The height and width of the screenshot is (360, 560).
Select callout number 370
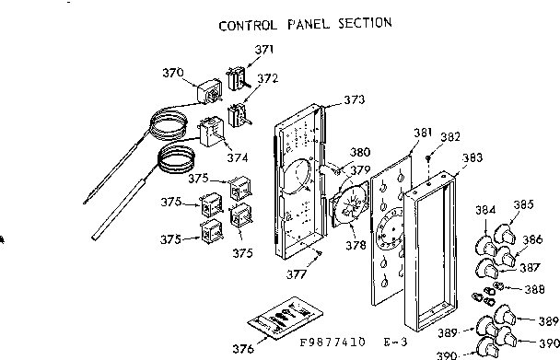172,72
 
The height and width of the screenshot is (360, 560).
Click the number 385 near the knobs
523,204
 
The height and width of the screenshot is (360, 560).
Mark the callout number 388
534,288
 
